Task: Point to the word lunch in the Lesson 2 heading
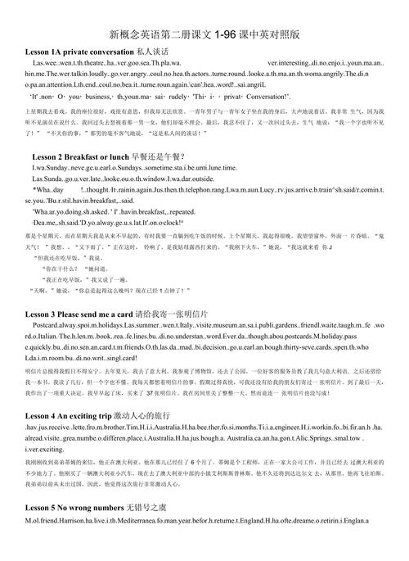(142, 156)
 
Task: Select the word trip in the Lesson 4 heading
(122, 414)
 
